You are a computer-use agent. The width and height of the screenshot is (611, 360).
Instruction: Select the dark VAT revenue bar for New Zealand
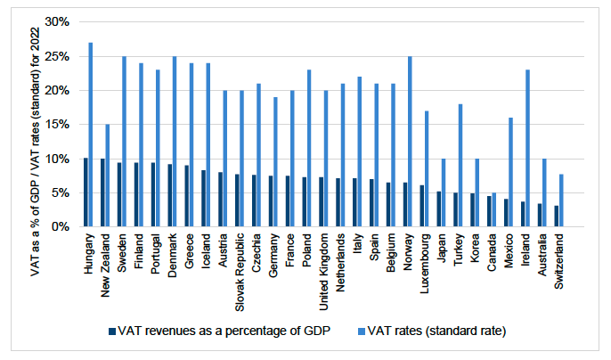(103, 192)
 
